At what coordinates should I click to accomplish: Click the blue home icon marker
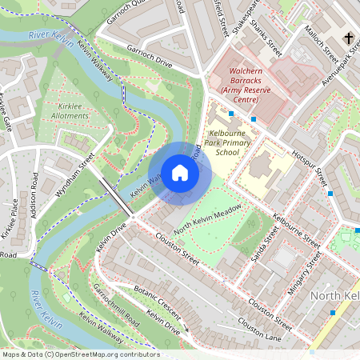[x=180, y=172]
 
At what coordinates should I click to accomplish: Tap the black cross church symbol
[x=348, y=38]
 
